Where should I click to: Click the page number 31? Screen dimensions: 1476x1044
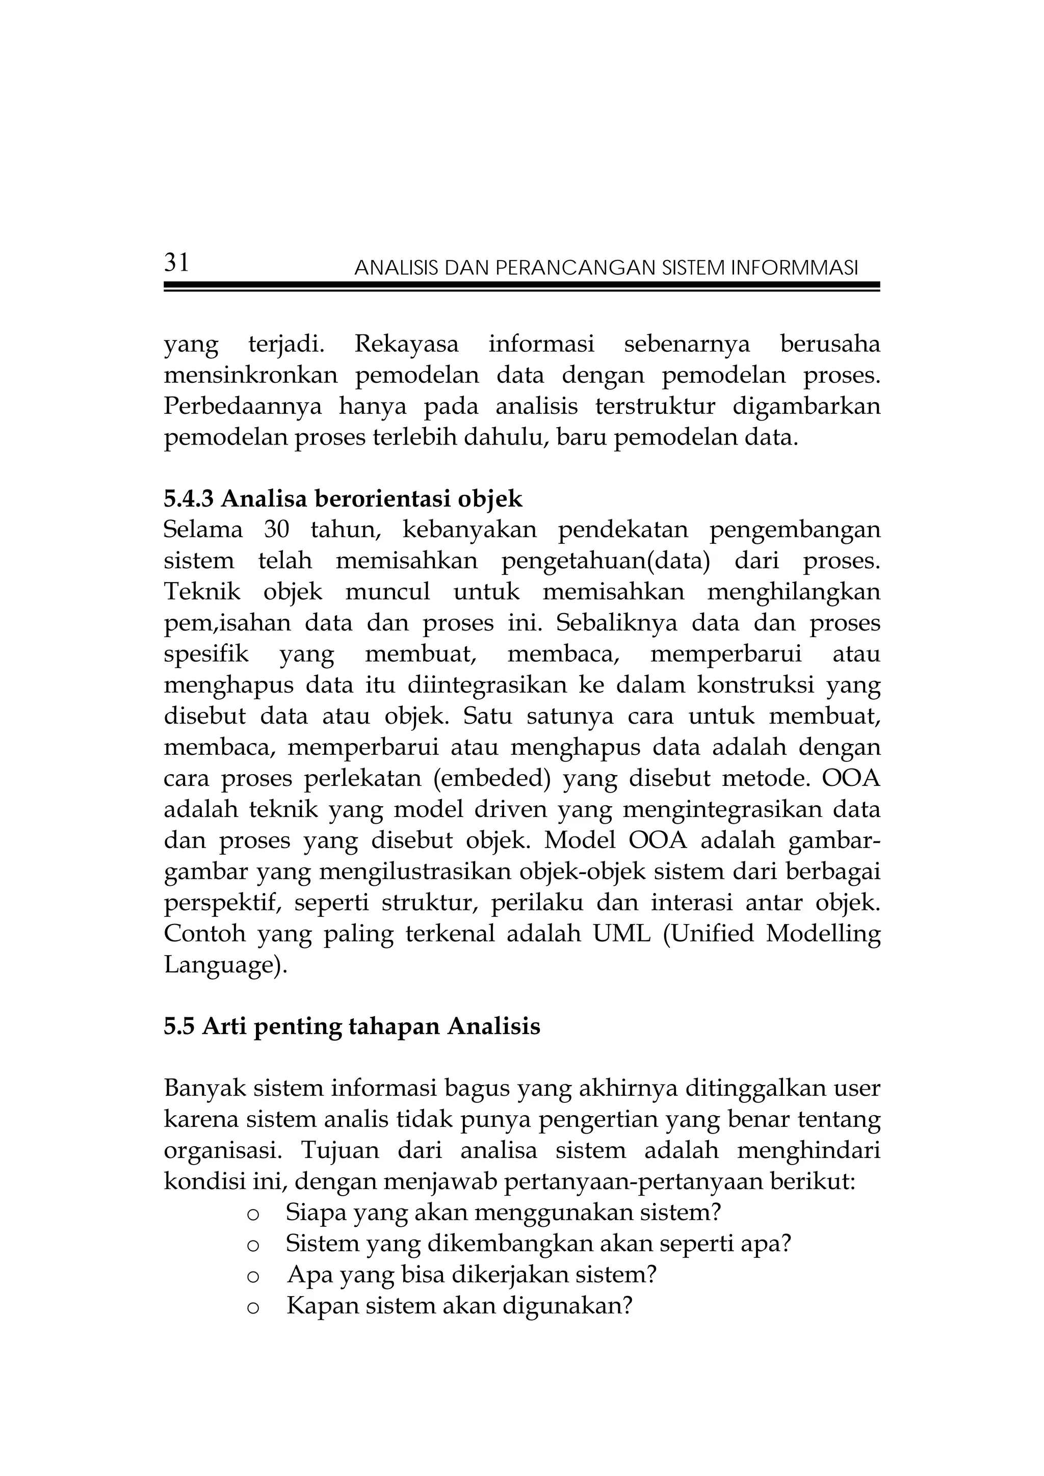pyautogui.click(x=177, y=263)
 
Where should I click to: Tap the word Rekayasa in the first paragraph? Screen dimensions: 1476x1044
pyautogui.click(x=406, y=345)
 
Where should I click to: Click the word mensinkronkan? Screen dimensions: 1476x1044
pyautogui.click(x=250, y=376)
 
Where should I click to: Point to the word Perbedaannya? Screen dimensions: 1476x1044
pyautogui.click(x=242, y=407)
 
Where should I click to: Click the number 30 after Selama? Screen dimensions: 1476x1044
pyautogui.click(x=276, y=530)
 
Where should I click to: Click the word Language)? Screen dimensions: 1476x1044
pyautogui.click(x=225, y=965)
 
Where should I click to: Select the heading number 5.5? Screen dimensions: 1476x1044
pyautogui.click(x=179, y=1026)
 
